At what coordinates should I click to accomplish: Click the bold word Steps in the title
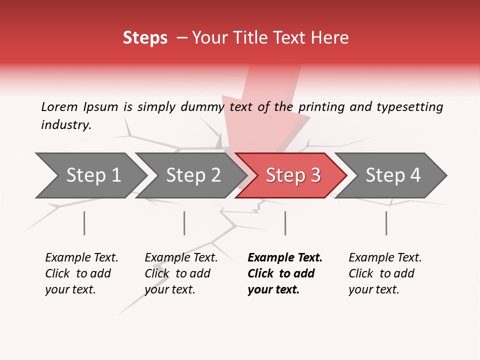[x=145, y=38]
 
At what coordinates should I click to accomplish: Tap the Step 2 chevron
[x=192, y=175]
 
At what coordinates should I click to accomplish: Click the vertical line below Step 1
[x=84, y=223]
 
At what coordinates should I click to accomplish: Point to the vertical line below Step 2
[x=184, y=223]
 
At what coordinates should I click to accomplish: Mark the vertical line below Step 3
[x=285, y=223]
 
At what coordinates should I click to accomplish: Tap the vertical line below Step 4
[x=386, y=223]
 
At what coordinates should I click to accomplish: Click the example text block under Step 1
[x=81, y=273]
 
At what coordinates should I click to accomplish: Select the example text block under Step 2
[x=180, y=273]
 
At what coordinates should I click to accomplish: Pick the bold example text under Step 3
[x=284, y=273]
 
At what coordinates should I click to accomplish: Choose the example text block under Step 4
[x=384, y=273]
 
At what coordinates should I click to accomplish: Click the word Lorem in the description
[x=59, y=106]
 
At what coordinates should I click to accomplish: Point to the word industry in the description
[x=66, y=125]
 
